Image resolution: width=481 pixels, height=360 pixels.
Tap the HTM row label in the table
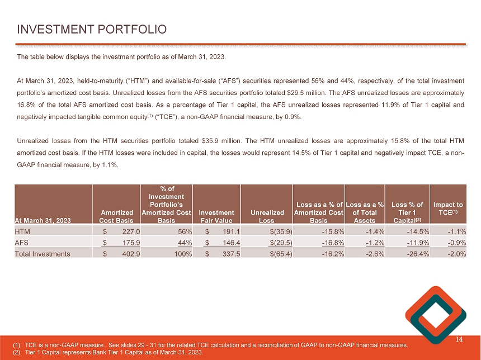(23, 231)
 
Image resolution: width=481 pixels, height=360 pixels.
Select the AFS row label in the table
(23, 242)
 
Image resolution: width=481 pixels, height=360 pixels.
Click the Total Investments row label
(43, 254)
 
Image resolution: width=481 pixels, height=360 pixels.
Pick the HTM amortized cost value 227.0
(129, 231)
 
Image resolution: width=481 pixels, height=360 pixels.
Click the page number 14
(460, 339)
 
